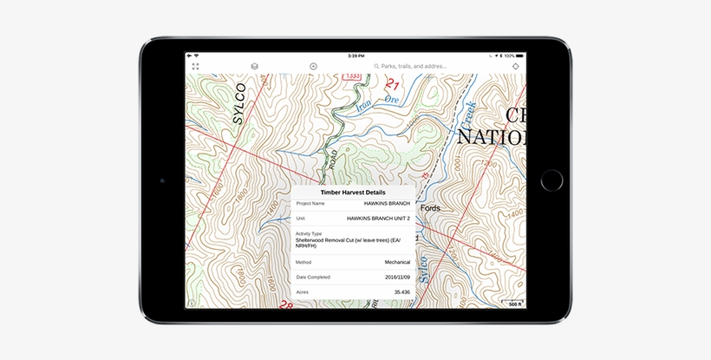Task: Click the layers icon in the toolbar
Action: coord(255,66)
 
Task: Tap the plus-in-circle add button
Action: coord(313,66)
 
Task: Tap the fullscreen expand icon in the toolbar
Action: coord(195,66)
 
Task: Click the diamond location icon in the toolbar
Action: coord(515,66)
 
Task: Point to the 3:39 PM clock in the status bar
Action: coord(355,56)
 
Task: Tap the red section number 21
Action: coord(392,85)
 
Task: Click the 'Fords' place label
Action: coord(429,208)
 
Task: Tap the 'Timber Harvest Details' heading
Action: coord(353,193)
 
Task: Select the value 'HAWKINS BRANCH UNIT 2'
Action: coord(378,219)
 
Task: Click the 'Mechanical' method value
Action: coord(397,261)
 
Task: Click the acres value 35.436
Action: coord(401,292)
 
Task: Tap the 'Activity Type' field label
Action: coord(309,233)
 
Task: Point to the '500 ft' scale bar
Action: coord(513,303)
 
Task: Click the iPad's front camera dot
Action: coord(162,180)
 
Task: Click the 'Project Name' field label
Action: coord(310,203)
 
